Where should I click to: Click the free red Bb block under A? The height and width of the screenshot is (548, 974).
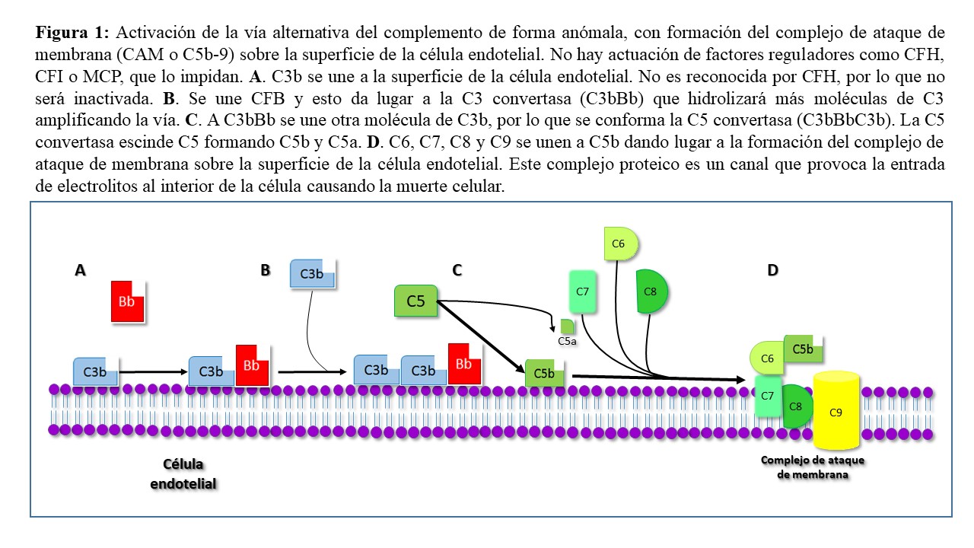pos(127,301)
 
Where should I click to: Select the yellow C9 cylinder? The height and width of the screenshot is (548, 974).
pos(836,411)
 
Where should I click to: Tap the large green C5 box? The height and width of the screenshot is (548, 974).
pos(415,301)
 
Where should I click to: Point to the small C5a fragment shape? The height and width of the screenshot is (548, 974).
pos(567,327)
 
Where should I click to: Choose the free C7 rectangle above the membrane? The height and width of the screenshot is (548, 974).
pos(582,292)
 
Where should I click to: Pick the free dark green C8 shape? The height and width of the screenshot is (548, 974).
pos(651,292)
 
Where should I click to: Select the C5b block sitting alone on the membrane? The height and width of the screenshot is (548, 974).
pos(544,374)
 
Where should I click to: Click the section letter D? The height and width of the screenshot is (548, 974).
pos(772,270)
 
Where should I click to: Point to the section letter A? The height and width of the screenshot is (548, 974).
pos(79,270)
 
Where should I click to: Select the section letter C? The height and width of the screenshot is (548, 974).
pos(457,270)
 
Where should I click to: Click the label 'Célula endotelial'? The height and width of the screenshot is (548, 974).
pos(183,473)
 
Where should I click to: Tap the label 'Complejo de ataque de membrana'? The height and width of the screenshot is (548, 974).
pos(813,467)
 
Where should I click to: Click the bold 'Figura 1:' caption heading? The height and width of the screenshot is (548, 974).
pos(73,33)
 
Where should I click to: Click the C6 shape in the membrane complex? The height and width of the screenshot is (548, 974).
pos(767,358)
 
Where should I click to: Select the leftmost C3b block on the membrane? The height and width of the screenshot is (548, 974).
pos(95,371)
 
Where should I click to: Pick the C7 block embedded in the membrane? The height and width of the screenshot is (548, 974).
pos(767,397)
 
